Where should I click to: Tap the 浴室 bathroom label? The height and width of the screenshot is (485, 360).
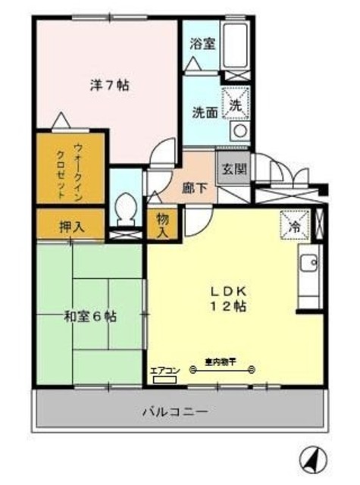[x=202, y=44]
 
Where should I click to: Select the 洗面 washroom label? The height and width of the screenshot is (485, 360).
[x=204, y=111]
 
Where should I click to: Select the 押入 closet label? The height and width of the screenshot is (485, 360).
[x=71, y=226]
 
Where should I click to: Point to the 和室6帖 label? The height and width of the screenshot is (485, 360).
[x=89, y=315]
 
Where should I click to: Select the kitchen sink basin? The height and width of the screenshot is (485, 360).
[x=308, y=264]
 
